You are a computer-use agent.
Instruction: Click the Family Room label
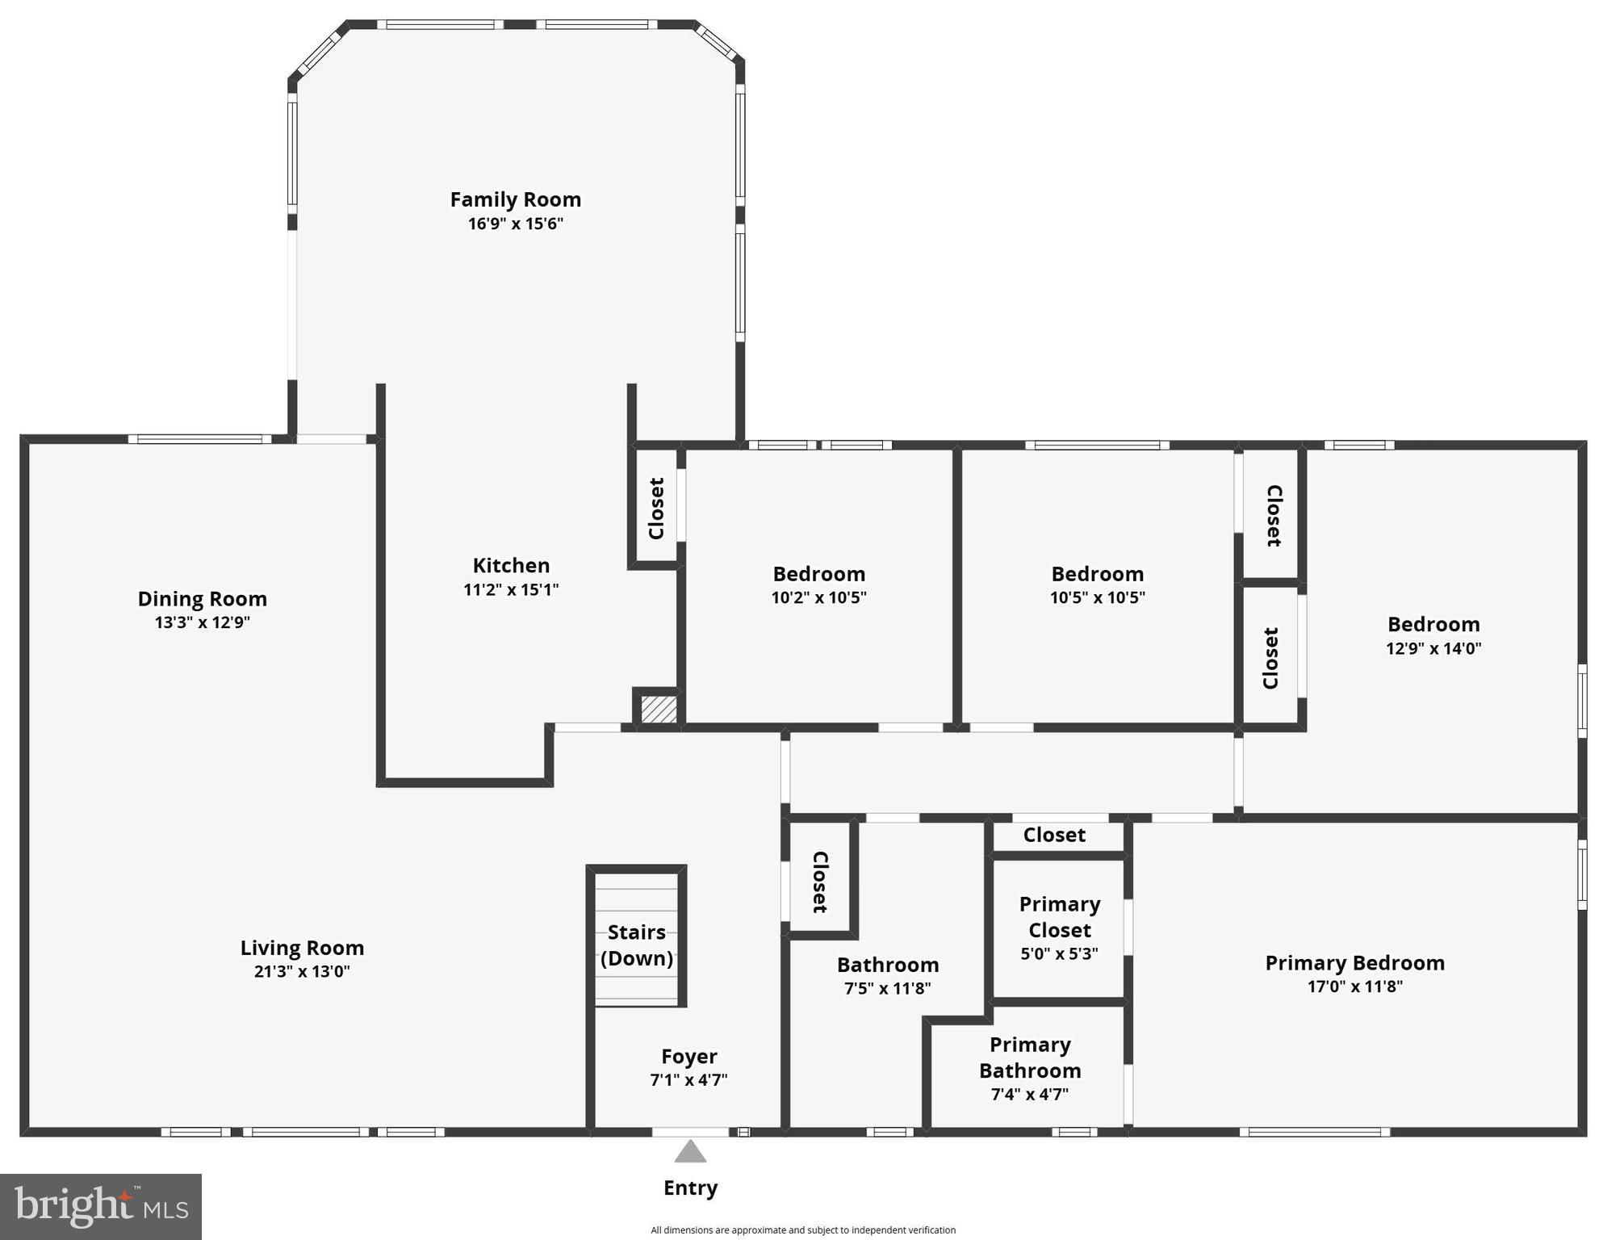(515, 199)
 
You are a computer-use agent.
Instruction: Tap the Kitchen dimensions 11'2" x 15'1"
(511, 589)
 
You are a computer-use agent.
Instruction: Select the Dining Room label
(202, 599)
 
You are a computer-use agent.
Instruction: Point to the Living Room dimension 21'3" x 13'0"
(302, 971)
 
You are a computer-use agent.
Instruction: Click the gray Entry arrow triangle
(690, 1152)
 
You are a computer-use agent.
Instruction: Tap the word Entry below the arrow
(690, 1188)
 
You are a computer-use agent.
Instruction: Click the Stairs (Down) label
(637, 945)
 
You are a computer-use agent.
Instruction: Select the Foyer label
(688, 1056)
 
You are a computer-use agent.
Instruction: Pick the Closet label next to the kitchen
(656, 509)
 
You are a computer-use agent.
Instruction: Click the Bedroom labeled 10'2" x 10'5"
(818, 574)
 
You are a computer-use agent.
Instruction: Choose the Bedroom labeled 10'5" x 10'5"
(1097, 574)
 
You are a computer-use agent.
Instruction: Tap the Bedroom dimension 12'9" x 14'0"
(1433, 648)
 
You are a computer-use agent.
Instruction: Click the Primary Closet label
(1059, 917)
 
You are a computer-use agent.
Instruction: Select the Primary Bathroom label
(1030, 1058)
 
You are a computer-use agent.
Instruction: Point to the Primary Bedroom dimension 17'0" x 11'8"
(1354, 986)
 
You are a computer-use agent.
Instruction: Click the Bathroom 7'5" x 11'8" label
(887, 965)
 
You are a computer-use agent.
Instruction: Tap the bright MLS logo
(101, 1206)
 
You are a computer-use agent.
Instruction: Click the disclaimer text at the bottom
(803, 1230)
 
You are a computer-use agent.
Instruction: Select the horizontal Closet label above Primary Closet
(1054, 835)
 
